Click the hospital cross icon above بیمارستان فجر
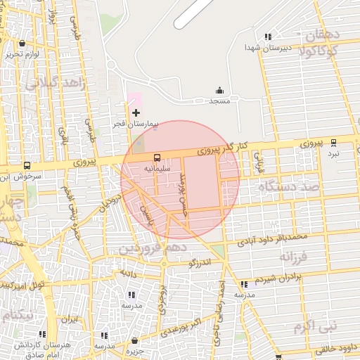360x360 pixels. coord(136,112)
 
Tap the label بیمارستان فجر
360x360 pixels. coord(136,124)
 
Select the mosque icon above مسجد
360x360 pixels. coord(219,90)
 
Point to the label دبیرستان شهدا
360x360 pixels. coord(264,47)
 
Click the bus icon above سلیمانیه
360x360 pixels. coord(156,157)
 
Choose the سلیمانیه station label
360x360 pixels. coord(156,169)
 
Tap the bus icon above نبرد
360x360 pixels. coord(333,143)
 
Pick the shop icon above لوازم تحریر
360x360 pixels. coord(21,43)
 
